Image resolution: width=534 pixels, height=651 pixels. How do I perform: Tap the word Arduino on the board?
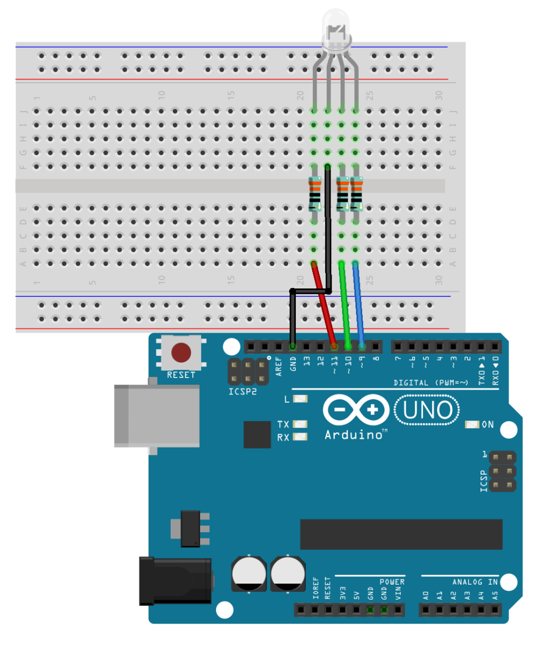(x=354, y=435)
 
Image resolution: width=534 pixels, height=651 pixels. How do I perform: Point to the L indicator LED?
(x=300, y=399)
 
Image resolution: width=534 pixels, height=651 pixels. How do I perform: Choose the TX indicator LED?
(x=300, y=424)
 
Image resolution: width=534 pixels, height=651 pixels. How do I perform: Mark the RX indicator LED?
(x=300, y=437)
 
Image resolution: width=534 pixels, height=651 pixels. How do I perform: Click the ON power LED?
(x=472, y=424)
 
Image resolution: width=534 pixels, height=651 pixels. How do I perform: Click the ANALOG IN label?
(x=475, y=582)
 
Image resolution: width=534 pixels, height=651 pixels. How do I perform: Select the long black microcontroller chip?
(x=401, y=534)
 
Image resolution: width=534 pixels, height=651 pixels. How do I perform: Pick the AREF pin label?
(x=279, y=366)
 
